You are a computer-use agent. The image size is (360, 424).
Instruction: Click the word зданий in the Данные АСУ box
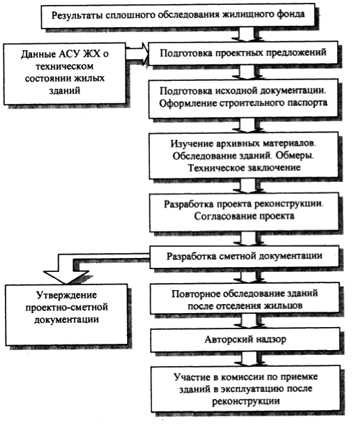point(65,91)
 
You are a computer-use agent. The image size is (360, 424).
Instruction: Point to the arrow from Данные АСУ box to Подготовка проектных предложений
point(137,52)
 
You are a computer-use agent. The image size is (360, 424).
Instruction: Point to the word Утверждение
point(66,296)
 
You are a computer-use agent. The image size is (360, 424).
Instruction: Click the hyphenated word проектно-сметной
point(67,308)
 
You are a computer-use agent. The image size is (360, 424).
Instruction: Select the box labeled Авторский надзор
point(246,340)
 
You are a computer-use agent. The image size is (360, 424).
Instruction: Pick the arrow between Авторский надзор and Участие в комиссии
point(249,359)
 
